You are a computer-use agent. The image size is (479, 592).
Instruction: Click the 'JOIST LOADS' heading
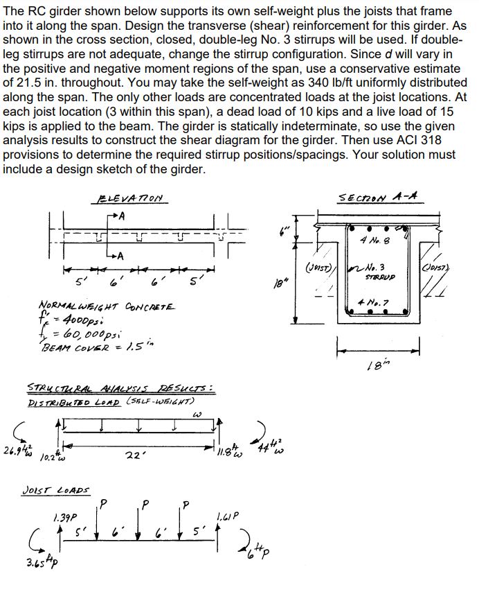pos(63,489)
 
